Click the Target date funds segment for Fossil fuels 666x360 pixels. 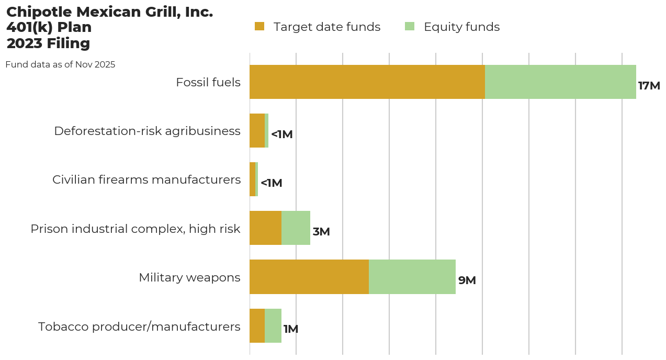click(x=367, y=82)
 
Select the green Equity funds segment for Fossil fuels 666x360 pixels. click(x=560, y=82)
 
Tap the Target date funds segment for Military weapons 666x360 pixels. click(x=309, y=277)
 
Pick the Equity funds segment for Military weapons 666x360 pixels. click(x=412, y=277)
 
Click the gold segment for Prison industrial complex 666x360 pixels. click(x=265, y=228)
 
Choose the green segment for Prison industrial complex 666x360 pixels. click(x=296, y=228)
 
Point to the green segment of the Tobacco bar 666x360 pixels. click(x=273, y=325)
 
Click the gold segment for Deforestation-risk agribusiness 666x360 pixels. click(x=257, y=130)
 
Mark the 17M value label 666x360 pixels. click(x=649, y=86)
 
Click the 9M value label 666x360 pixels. click(x=467, y=280)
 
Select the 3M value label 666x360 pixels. click(x=321, y=232)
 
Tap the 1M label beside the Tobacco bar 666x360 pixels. click(x=290, y=329)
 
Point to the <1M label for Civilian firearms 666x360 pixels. click(x=271, y=183)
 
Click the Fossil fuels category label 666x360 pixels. click(x=208, y=82)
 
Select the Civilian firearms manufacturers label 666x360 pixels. click(x=146, y=179)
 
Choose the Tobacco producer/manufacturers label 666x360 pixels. click(x=139, y=327)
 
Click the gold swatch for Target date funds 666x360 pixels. click(x=259, y=26)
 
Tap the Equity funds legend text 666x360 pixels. click(x=461, y=27)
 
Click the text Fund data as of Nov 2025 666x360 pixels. click(x=60, y=65)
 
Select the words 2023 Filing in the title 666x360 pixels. click(x=48, y=43)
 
